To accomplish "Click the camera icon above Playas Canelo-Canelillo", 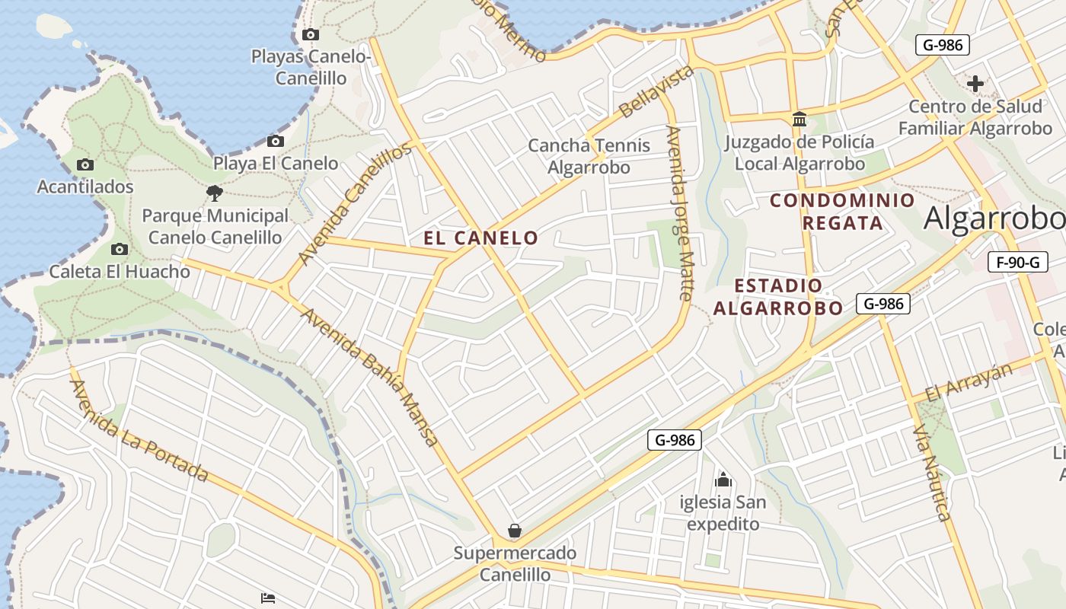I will [x=311, y=34].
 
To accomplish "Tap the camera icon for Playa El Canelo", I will [x=276, y=141].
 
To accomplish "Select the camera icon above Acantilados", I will [x=85, y=164].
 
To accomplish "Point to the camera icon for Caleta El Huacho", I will [x=120, y=249].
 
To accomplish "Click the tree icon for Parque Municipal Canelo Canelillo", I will [x=215, y=193].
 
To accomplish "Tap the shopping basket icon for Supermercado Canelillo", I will [x=515, y=530].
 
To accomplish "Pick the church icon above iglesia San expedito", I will [x=723, y=480].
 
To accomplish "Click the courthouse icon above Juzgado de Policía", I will [x=799, y=120].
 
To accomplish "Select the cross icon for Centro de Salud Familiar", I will [x=975, y=84].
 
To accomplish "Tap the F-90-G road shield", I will [x=1017, y=263].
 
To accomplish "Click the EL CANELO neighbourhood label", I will [x=480, y=238].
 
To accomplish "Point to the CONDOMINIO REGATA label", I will [x=842, y=212].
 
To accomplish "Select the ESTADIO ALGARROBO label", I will [x=778, y=297].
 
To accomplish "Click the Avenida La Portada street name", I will [x=139, y=431].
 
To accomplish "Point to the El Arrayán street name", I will [x=969, y=382].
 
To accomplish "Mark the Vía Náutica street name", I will [x=932, y=473].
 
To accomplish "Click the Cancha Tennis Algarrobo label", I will [x=589, y=155].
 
